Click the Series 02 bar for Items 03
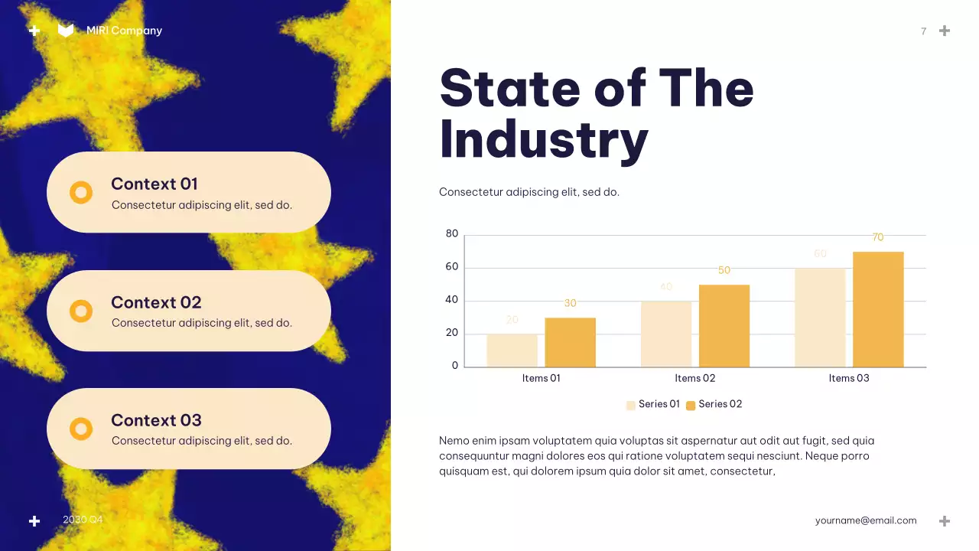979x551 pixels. [878, 309]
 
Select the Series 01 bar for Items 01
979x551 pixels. [512, 350]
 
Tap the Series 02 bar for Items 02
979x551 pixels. [724, 326]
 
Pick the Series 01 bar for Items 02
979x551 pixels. [666, 334]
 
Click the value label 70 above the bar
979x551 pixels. [878, 237]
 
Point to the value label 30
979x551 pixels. [570, 303]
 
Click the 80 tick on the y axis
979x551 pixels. [452, 233]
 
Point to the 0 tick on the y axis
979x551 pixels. [455, 366]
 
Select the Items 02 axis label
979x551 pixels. [694, 378]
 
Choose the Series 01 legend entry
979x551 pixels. [653, 404]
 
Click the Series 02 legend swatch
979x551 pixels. [691, 406]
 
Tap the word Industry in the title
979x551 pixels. [544, 140]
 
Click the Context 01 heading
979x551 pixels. [154, 184]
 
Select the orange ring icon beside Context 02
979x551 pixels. [81, 311]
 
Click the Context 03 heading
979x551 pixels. [156, 420]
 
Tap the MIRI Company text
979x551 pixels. [124, 31]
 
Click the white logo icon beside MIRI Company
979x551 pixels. [66, 31]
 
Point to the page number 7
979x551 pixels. [923, 31]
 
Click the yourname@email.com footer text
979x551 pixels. [865, 520]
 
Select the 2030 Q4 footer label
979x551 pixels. [83, 520]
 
